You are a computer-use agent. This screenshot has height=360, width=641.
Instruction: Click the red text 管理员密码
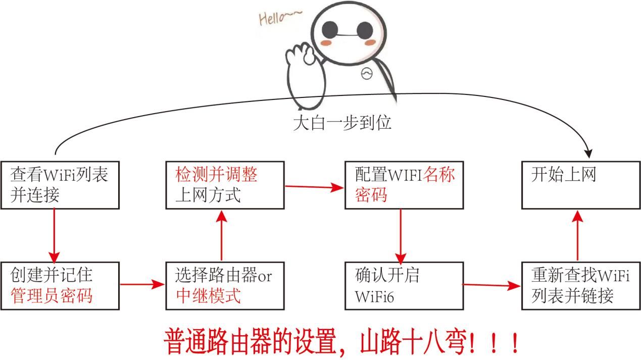52,296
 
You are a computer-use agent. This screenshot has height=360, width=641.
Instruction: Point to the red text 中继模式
208,296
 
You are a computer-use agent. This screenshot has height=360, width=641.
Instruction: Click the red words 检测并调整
216,174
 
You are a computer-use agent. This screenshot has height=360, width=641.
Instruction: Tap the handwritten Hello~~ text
280,18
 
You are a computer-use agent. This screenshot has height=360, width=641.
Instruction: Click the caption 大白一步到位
342,123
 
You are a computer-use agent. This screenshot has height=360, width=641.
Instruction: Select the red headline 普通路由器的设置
250,342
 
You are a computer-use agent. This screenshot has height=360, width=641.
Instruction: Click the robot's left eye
330,30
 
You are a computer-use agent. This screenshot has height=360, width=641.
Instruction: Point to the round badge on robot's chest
367,74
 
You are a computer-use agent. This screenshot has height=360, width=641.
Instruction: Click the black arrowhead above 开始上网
588,154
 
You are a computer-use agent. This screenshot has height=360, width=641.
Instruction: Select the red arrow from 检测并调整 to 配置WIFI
314,187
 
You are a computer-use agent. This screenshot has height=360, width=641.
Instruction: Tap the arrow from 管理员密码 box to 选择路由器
142,284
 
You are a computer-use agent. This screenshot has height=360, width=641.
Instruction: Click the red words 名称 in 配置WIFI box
438,174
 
